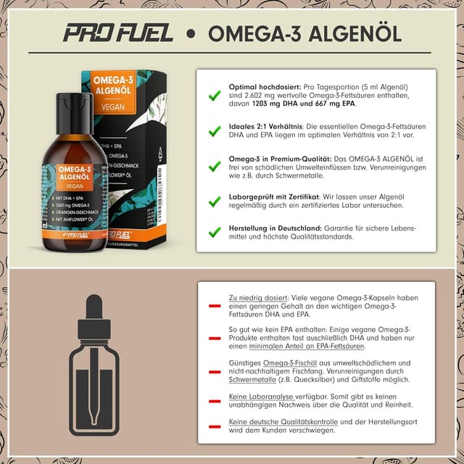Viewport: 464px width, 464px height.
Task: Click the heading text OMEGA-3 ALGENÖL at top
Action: coord(304,34)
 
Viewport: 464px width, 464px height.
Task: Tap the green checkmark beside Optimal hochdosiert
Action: coord(214,95)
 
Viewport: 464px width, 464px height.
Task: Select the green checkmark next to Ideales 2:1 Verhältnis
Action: coord(214,131)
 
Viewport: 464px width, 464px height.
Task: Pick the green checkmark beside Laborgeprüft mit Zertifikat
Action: coord(214,200)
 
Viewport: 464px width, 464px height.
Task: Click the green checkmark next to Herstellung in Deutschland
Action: coord(214,232)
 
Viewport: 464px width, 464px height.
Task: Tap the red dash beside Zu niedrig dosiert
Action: coord(214,306)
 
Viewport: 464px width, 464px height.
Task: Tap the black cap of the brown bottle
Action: coord(75,104)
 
